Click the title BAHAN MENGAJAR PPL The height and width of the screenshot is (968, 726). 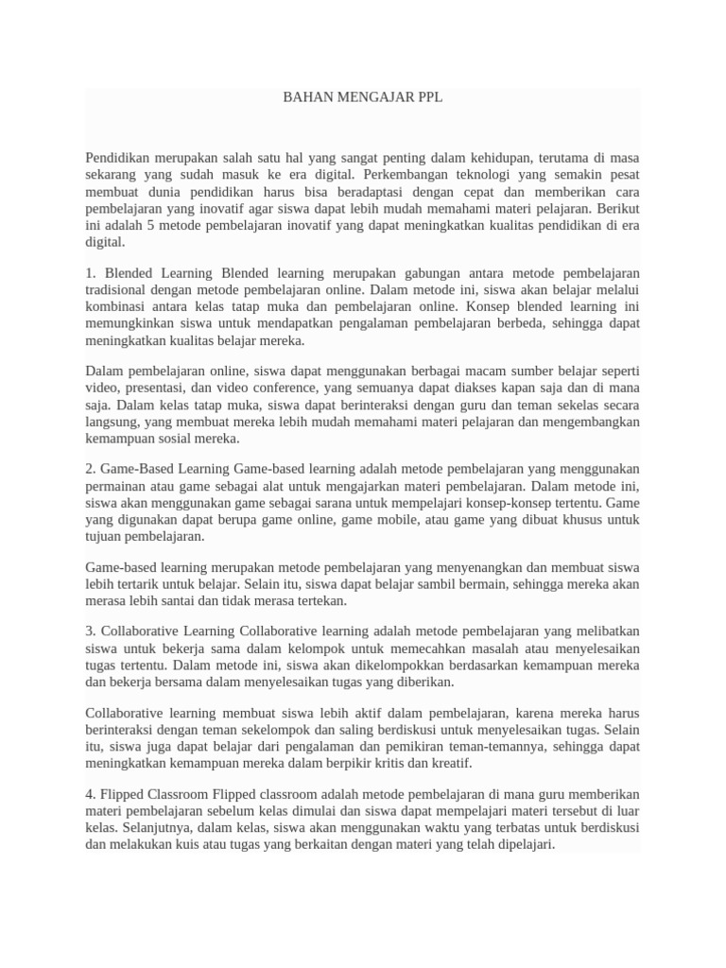(363, 97)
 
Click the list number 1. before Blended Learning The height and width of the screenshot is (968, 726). (91, 272)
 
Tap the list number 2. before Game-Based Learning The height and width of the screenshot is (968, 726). (91, 469)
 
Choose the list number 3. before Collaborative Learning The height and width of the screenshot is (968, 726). (91, 631)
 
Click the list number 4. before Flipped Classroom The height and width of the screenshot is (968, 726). (91, 794)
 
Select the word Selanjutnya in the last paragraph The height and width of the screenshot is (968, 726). (152, 828)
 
